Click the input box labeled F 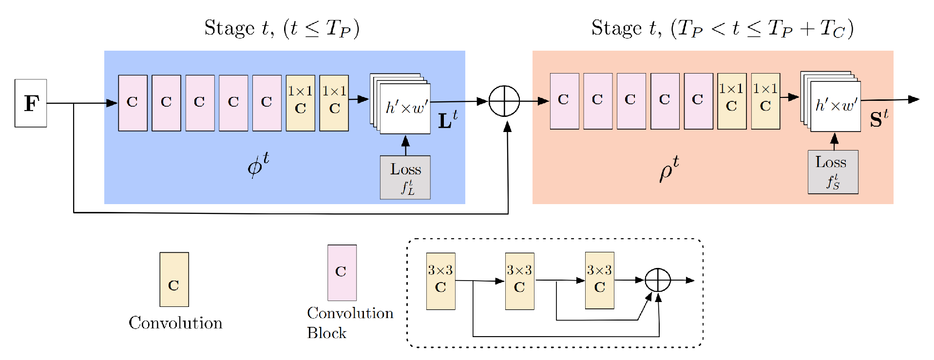tap(31, 103)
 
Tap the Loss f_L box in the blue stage tap(405, 177)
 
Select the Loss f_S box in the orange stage tap(833, 172)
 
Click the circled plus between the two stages tap(504, 101)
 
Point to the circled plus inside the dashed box tap(658, 281)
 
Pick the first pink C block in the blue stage tap(133, 103)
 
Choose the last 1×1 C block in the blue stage tap(334, 103)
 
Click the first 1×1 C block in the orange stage tap(731, 101)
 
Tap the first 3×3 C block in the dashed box tap(440, 281)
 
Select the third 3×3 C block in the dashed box tap(599, 281)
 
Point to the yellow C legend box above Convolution tap(174, 279)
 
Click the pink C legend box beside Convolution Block tap(342, 272)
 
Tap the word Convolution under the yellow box tap(175, 323)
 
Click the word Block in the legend tap(326, 333)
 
